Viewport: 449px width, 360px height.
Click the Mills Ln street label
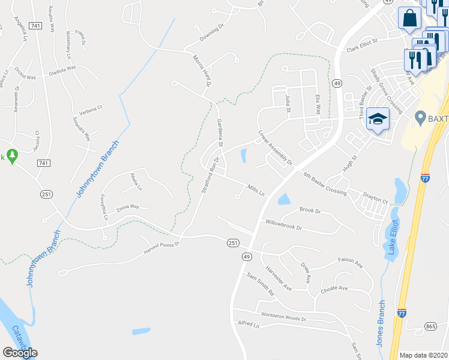click(256, 189)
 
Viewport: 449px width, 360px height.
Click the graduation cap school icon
click(378, 119)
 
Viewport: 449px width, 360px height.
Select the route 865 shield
click(430, 326)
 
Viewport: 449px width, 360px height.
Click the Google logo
click(19, 352)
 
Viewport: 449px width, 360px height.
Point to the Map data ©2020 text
click(423, 355)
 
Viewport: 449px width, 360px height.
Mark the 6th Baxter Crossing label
click(325, 183)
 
